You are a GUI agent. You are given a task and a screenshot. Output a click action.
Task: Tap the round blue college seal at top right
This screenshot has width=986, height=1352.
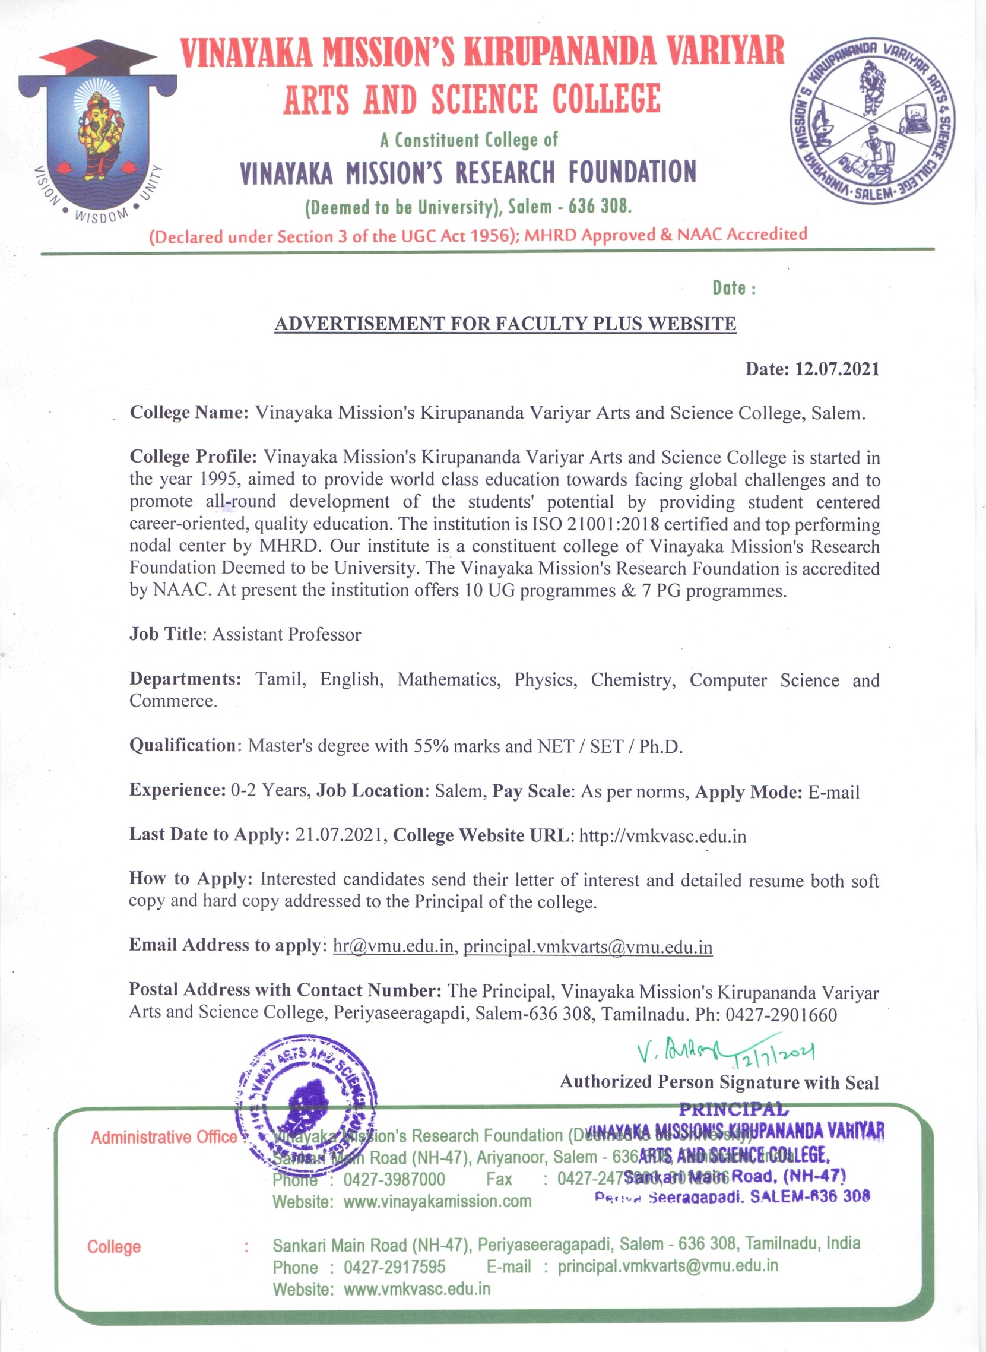tap(873, 122)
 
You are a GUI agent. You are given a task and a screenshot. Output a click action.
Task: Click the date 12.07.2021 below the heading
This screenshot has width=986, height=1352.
tap(837, 369)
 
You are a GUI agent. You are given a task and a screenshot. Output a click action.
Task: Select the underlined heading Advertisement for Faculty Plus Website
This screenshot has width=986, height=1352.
tap(505, 324)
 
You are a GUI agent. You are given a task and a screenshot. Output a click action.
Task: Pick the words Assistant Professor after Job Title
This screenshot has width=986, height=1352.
tap(287, 635)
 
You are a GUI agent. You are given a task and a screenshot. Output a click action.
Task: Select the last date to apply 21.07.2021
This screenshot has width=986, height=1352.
tap(338, 834)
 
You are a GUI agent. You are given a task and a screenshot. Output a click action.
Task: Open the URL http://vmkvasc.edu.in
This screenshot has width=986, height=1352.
tap(662, 835)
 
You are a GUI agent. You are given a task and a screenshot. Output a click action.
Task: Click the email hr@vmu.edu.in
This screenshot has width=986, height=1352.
tap(393, 946)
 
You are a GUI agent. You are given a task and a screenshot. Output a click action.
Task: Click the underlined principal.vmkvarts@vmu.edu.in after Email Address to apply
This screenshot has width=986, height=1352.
tap(588, 947)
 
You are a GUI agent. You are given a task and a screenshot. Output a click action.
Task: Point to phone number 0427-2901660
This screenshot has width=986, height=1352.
tap(781, 1015)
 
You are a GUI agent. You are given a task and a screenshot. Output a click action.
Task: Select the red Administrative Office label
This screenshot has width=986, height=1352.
tap(163, 1137)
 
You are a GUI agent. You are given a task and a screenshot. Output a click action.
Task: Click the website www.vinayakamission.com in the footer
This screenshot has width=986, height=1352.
tap(437, 1201)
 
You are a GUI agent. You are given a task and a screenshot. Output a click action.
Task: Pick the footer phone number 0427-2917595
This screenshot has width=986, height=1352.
tap(395, 1267)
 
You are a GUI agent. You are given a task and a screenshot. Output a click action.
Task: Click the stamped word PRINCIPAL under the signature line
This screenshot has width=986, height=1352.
tap(734, 1110)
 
